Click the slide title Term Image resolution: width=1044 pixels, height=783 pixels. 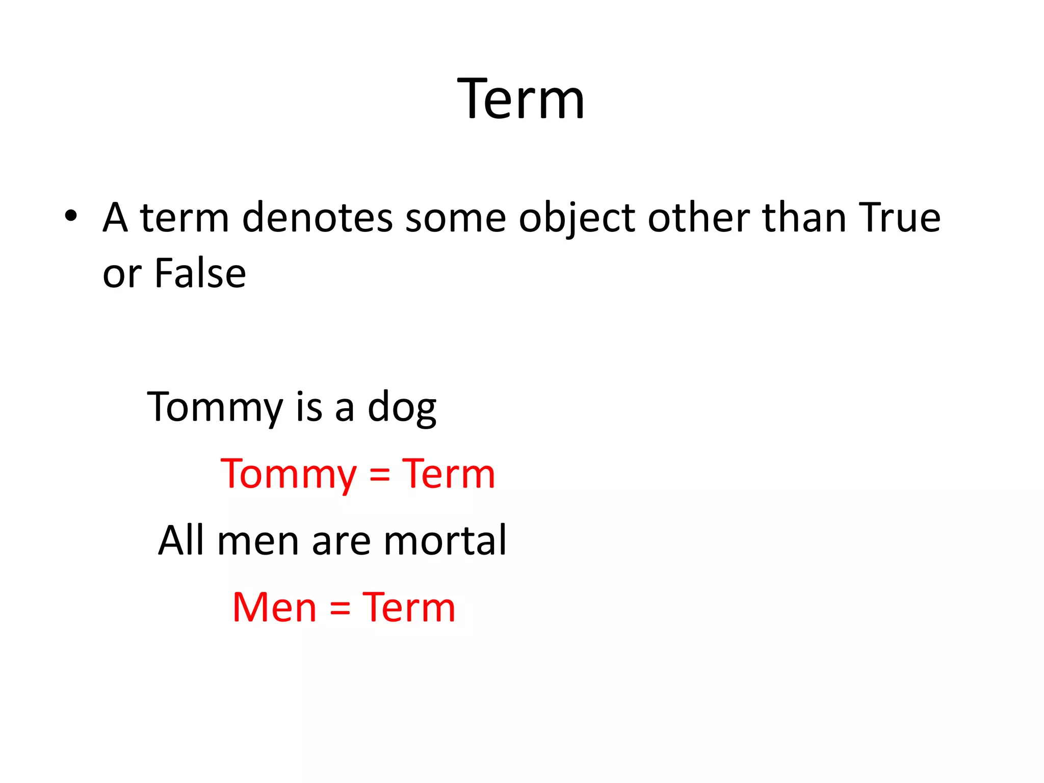coord(521,99)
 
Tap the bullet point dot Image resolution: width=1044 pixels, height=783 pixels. coord(71,216)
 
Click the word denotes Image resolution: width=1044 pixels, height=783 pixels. coord(317,218)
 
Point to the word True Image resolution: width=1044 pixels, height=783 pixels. coord(899,218)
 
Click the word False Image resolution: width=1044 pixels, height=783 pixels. coord(200,274)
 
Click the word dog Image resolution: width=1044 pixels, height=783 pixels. coord(402,408)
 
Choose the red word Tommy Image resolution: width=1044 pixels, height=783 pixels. coord(289,475)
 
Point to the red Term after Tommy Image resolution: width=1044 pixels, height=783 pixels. coord(449,474)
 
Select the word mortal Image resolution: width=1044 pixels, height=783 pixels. coord(445,540)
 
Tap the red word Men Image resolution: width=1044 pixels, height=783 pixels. coord(274,608)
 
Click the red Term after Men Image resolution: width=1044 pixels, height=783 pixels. coord(409,608)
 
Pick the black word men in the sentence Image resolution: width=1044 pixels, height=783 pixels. coord(258,542)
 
